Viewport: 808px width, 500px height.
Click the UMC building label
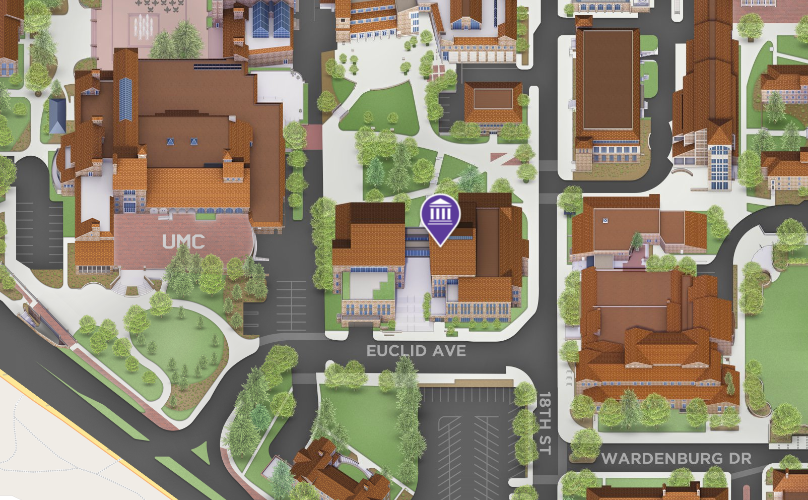click(183, 242)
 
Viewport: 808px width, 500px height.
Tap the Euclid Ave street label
click(416, 351)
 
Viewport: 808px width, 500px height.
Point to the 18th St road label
click(545, 423)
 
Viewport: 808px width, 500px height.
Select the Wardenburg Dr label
click(677, 459)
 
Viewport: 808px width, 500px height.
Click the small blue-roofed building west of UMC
click(57, 116)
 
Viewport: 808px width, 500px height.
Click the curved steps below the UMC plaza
click(132, 284)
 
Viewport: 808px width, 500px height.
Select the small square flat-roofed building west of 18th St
click(493, 103)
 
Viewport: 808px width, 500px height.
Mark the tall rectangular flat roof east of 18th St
click(607, 81)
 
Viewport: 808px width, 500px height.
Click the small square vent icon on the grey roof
click(605, 221)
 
